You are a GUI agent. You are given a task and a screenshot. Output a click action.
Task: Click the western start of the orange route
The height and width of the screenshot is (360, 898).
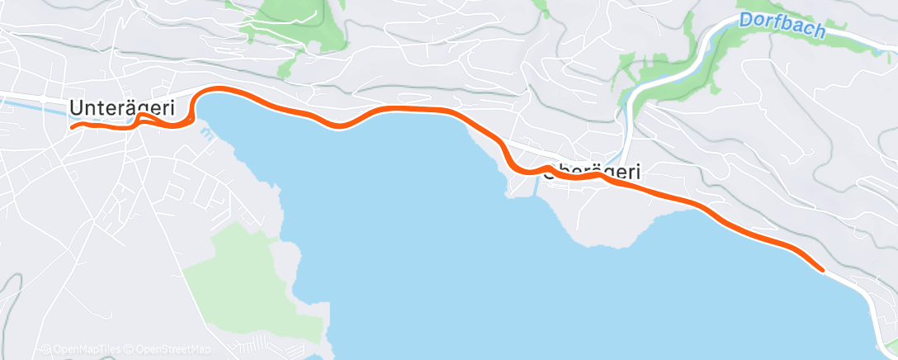pos(73,127)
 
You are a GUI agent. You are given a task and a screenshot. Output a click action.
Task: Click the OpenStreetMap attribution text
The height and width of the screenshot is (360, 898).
pos(173,349)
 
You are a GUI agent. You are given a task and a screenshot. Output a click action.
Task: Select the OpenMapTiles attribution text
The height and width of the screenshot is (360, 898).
pos(85,349)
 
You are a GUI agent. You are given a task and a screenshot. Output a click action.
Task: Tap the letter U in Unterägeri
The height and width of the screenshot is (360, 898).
pos(77,107)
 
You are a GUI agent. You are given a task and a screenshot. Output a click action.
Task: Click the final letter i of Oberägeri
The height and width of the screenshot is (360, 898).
pos(638,172)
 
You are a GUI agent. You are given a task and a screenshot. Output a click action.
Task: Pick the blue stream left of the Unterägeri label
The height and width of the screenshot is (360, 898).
pos(33,102)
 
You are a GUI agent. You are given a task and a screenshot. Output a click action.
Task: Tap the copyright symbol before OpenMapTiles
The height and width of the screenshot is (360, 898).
pos(47,349)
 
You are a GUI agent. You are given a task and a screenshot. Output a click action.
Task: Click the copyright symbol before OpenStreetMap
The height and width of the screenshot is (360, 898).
pos(130,349)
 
